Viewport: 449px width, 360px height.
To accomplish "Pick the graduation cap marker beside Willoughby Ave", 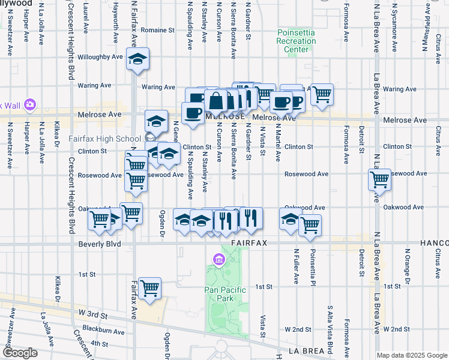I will coord(138,59).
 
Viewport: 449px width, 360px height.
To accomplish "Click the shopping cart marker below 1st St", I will coord(149,288).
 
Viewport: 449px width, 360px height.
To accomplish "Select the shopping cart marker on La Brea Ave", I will coord(380,179).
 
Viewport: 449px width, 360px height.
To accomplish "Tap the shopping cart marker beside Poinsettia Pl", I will coord(310,225).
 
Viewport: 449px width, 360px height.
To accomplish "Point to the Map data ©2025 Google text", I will coord(411,355).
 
